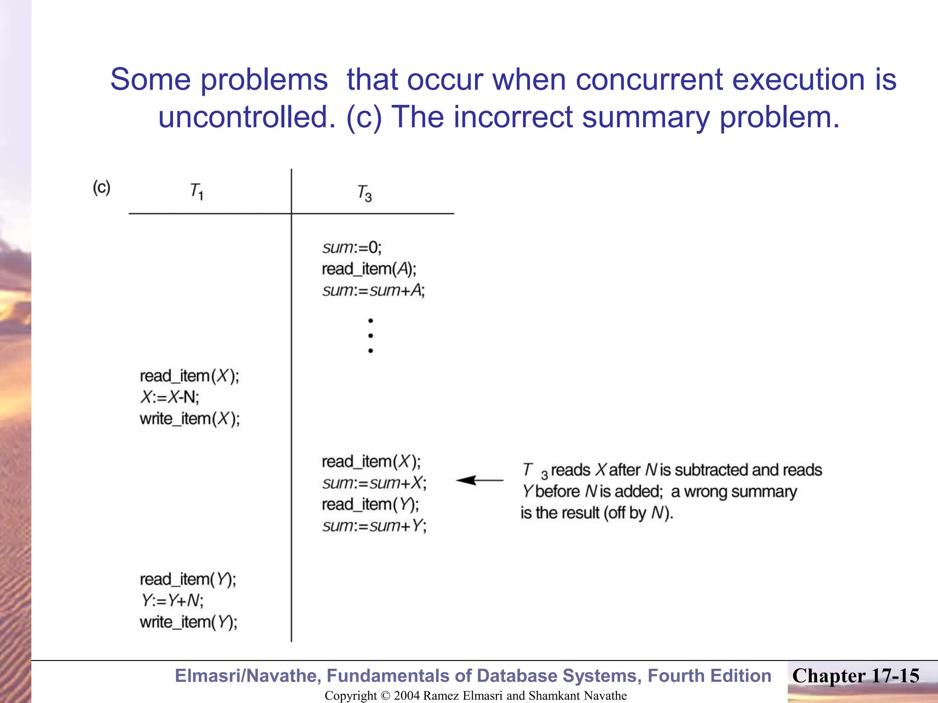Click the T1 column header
pyautogui.click(x=196, y=191)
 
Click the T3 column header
pyautogui.click(x=365, y=193)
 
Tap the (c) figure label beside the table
pyautogui.click(x=102, y=188)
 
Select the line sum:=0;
pyautogui.click(x=352, y=248)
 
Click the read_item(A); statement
pyautogui.click(x=369, y=269)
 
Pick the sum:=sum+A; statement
pyautogui.click(x=374, y=291)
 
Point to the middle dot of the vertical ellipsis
pyautogui.click(x=371, y=335)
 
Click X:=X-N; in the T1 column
pyautogui.click(x=170, y=397)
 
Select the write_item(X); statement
pyautogui.click(x=190, y=419)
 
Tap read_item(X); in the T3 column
pyautogui.click(x=371, y=461)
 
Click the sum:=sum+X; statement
pyautogui.click(x=374, y=483)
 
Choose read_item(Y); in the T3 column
pyautogui.click(x=370, y=504)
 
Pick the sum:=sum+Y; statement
pyautogui.click(x=374, y=526)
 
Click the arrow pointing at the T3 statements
pyautogui.click(x=479, y=480)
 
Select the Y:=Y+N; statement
pyautogui.click(x=172, y=600)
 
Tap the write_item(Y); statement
pyautogui.click(x=189, y=622)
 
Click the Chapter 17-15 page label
pyautogui.click(x=856, y=676)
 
